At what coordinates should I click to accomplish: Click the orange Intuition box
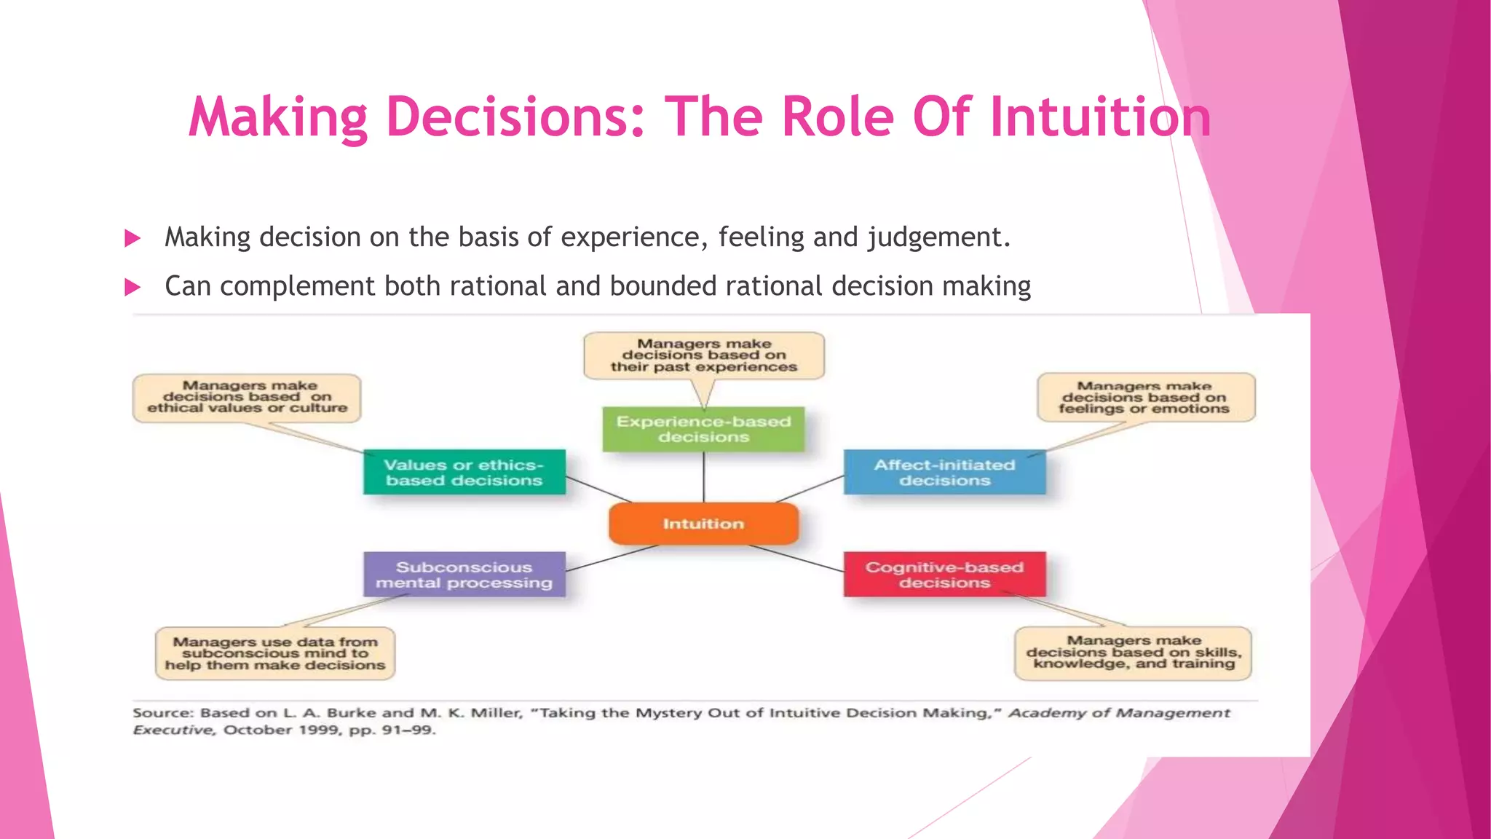(x=703, y=524)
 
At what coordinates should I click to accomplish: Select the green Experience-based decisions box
(x=703, y=429)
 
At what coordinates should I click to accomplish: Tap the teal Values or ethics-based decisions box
(x=464, y=473)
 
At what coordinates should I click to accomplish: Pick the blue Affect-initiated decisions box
(x=944, y=473)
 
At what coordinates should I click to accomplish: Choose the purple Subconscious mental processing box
(x=464, y=575)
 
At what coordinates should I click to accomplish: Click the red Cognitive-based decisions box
(x=944, y=575)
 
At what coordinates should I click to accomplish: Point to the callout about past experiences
(x=703, y=355)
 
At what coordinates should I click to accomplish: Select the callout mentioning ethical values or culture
(x=247, y=397)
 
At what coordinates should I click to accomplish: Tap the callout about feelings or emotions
(x=1145, y=398)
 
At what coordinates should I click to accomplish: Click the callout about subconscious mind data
(x=274, y=653)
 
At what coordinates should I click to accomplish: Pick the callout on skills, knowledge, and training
(x=1133, y=653)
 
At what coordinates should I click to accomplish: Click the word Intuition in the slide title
(x=1100, y=117)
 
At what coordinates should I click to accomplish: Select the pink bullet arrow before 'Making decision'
(x=133, y=238)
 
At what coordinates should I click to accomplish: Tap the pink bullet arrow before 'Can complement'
(x=133, y=287)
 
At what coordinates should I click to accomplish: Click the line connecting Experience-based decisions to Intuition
(x=703, y=477)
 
